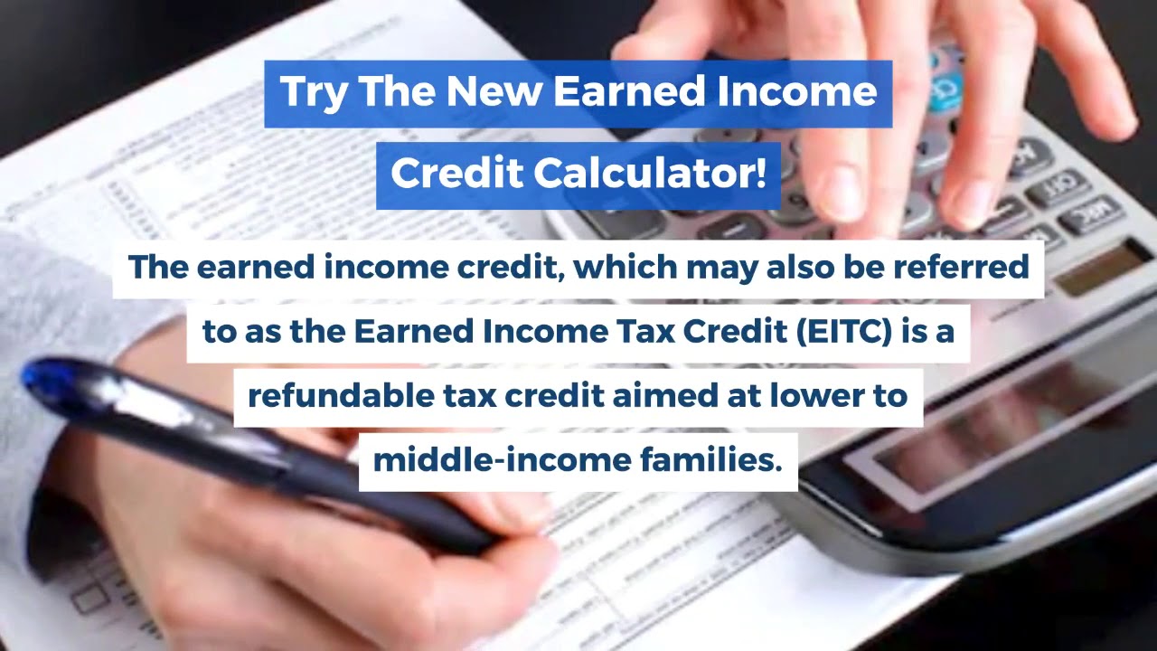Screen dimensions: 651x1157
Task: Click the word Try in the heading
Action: [313, 93]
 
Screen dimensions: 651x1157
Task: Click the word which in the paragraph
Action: [626, 268]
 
